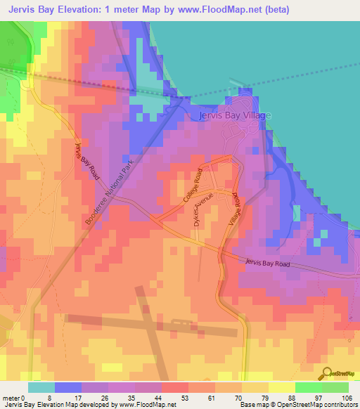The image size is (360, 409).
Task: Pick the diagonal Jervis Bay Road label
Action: (87, 162)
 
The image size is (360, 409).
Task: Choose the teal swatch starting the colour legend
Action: (41, 387)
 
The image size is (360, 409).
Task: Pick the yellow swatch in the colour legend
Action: (281, 387)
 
